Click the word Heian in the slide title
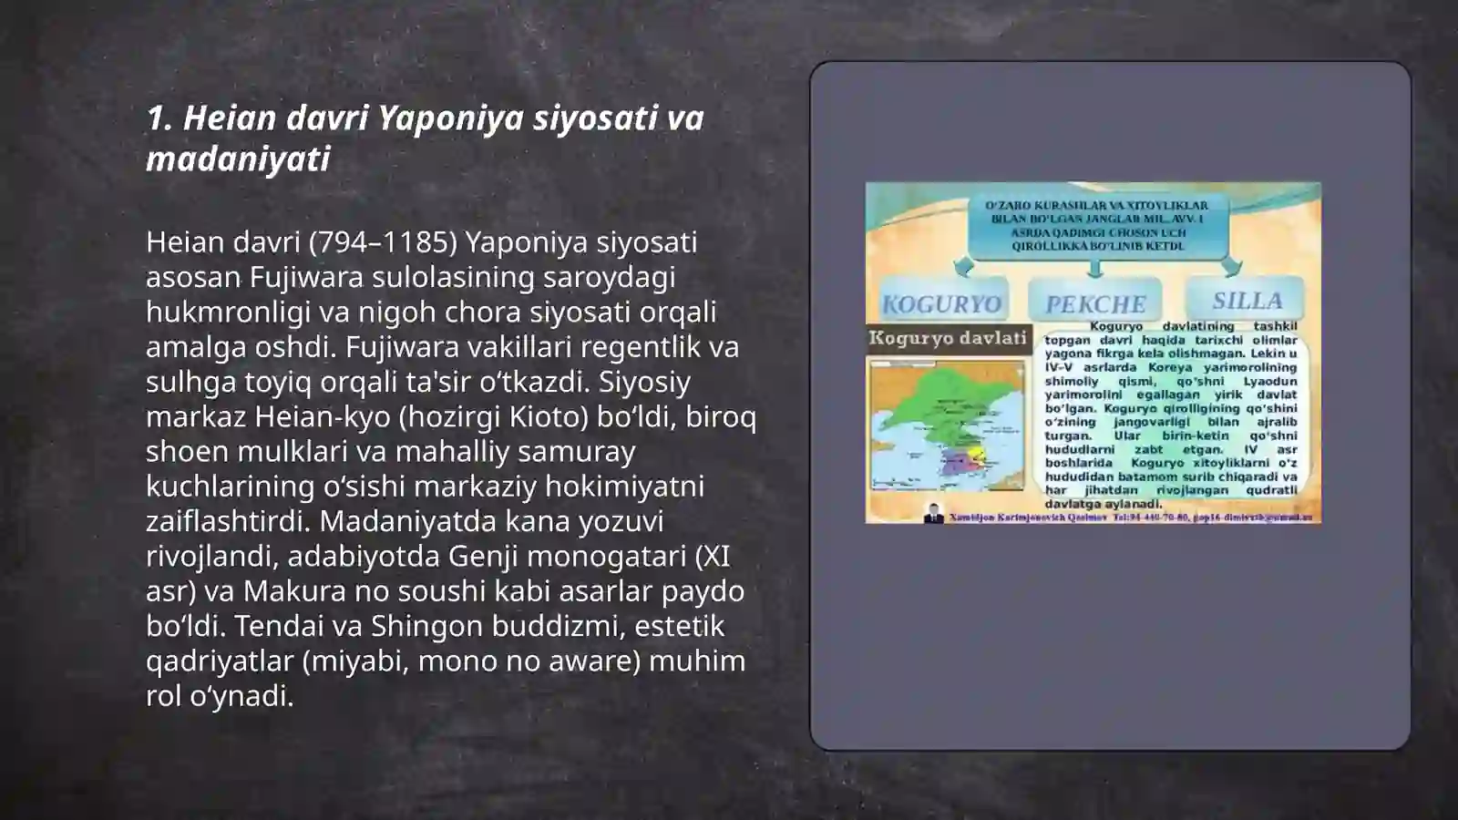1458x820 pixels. [x=230, y=118]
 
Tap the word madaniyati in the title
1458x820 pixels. [x=238, y=159]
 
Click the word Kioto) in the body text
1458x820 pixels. [x=547, y=416]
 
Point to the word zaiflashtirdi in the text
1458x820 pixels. [x=227, y=521]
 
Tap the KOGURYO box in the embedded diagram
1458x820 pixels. [x=941, y=302]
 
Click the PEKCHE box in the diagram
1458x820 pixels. [x=1095, y=302]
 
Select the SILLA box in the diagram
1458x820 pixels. [x=1247, y=300]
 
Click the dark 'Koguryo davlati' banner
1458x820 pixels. [x=948, y=338]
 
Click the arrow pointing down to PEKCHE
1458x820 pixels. [x=1095, y=268]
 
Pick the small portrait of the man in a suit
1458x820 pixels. [x=933, y=514]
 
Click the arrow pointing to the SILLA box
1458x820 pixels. [x=1231, y=266]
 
